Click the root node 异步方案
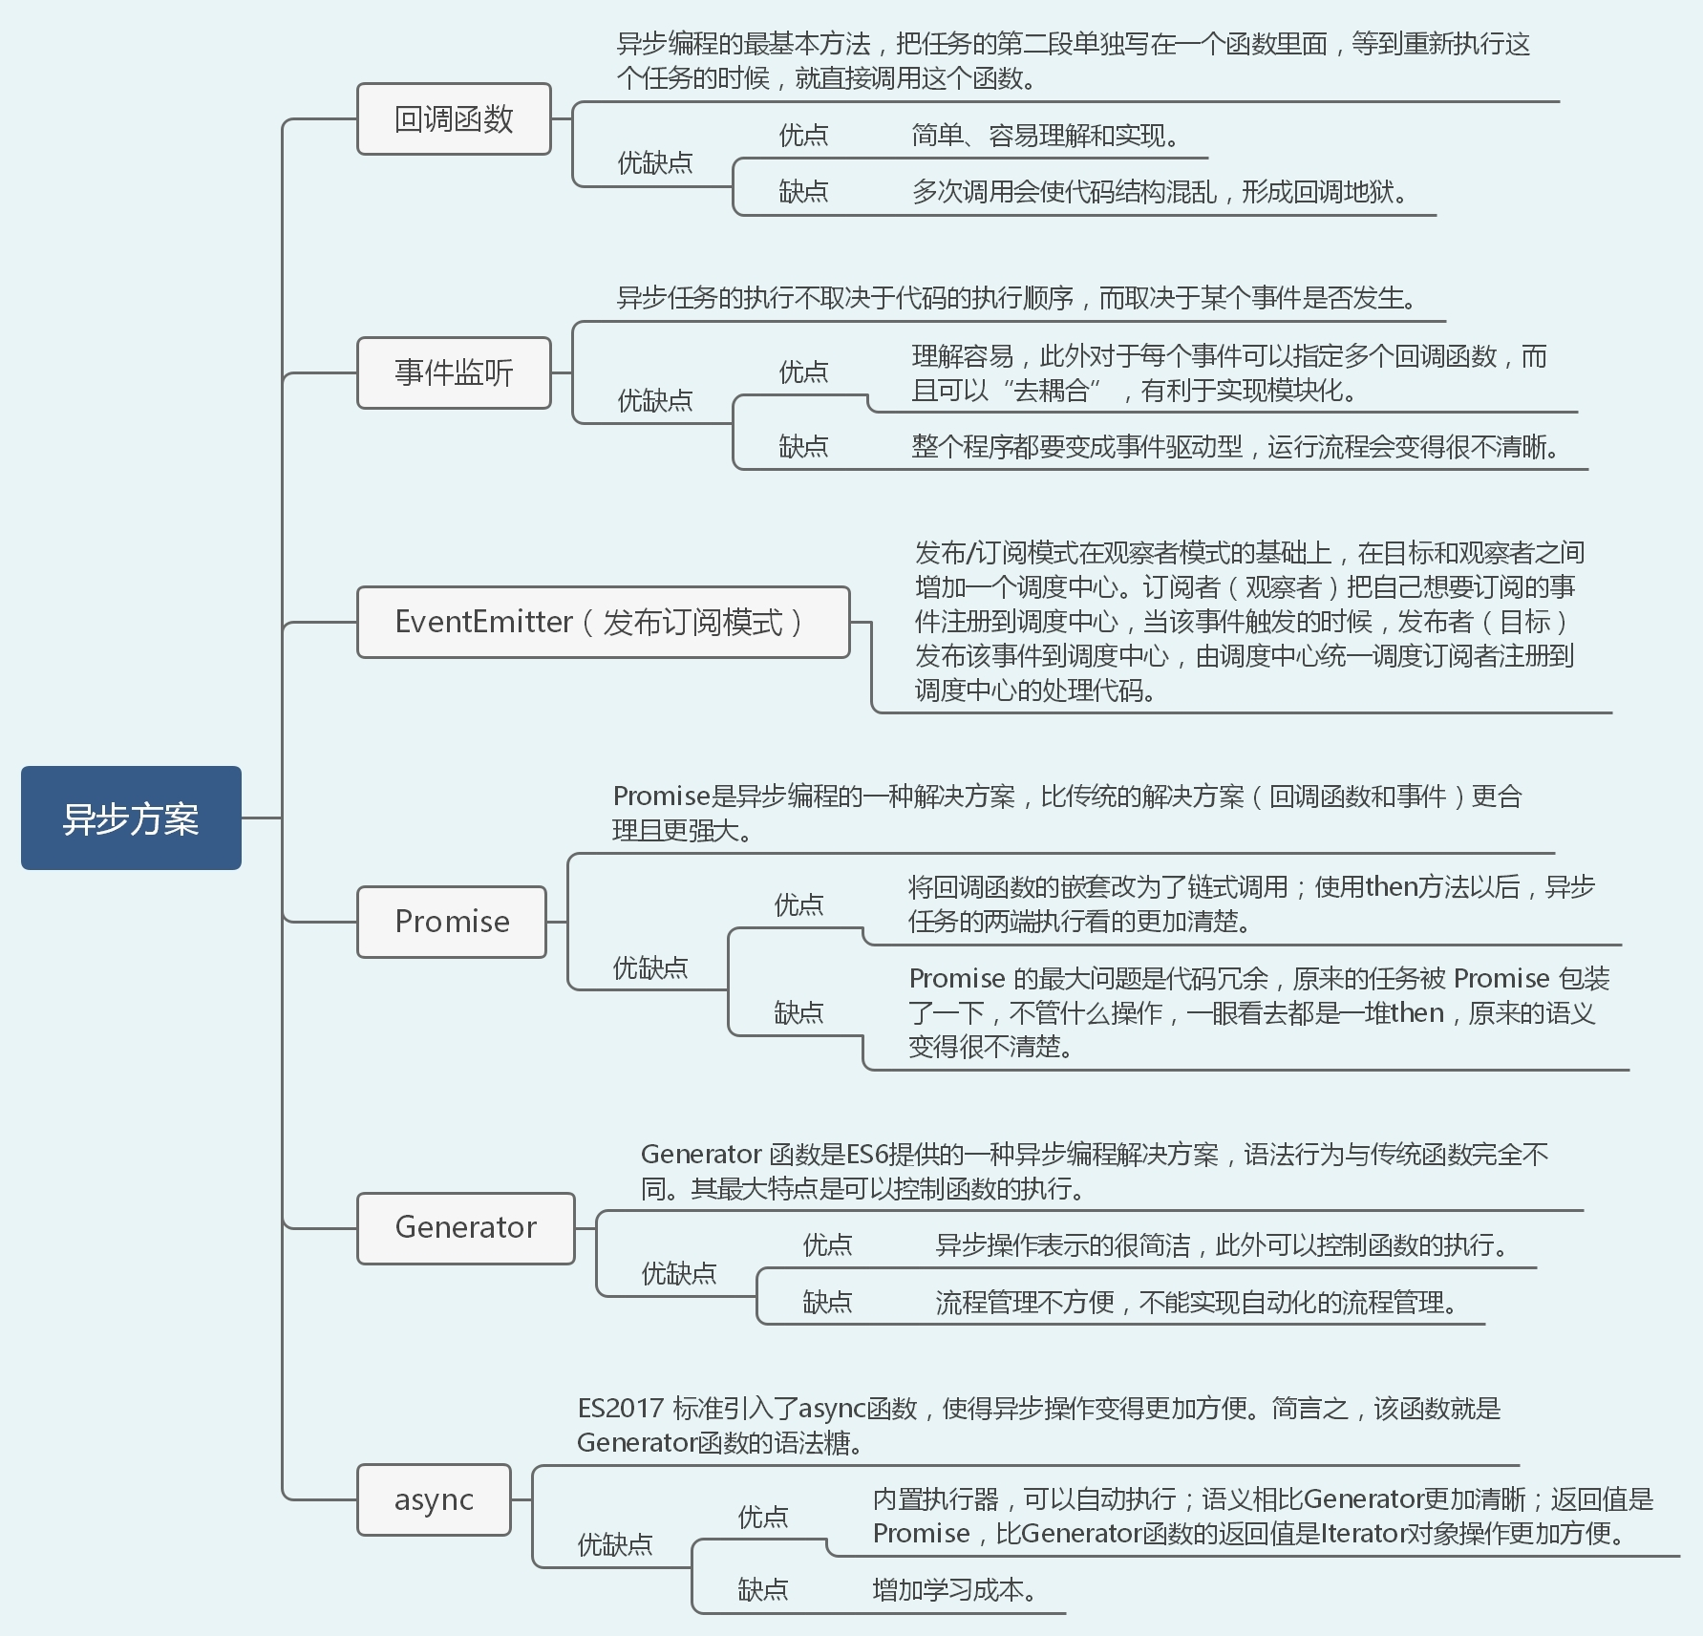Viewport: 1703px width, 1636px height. coord(131,818)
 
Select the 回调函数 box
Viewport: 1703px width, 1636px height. coord(454,118)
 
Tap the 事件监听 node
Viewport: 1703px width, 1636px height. coord(454,372)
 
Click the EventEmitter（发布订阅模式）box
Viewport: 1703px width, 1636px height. coord(603,622)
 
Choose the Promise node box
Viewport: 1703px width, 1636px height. coord(452,922)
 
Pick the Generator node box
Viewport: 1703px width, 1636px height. coord(466,1227)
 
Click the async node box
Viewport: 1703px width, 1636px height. coord(434,1499)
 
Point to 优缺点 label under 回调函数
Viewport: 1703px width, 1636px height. coord(655,163)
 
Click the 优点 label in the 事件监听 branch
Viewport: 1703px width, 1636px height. coord(803,372)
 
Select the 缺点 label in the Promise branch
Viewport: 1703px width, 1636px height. coord(798,1012)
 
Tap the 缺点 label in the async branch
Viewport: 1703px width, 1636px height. coord(762,1589)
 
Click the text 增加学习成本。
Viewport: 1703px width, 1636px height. coord(955,1589)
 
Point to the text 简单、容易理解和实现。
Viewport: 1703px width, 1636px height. coord(1046,136)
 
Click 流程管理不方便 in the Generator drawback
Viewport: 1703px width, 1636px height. coord(1025,1302)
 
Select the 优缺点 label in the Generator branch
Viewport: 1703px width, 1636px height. coord(679,1273)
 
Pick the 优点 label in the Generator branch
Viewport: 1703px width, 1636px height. coord(827,1244)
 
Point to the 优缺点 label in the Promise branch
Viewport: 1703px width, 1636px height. coord(650,967)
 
